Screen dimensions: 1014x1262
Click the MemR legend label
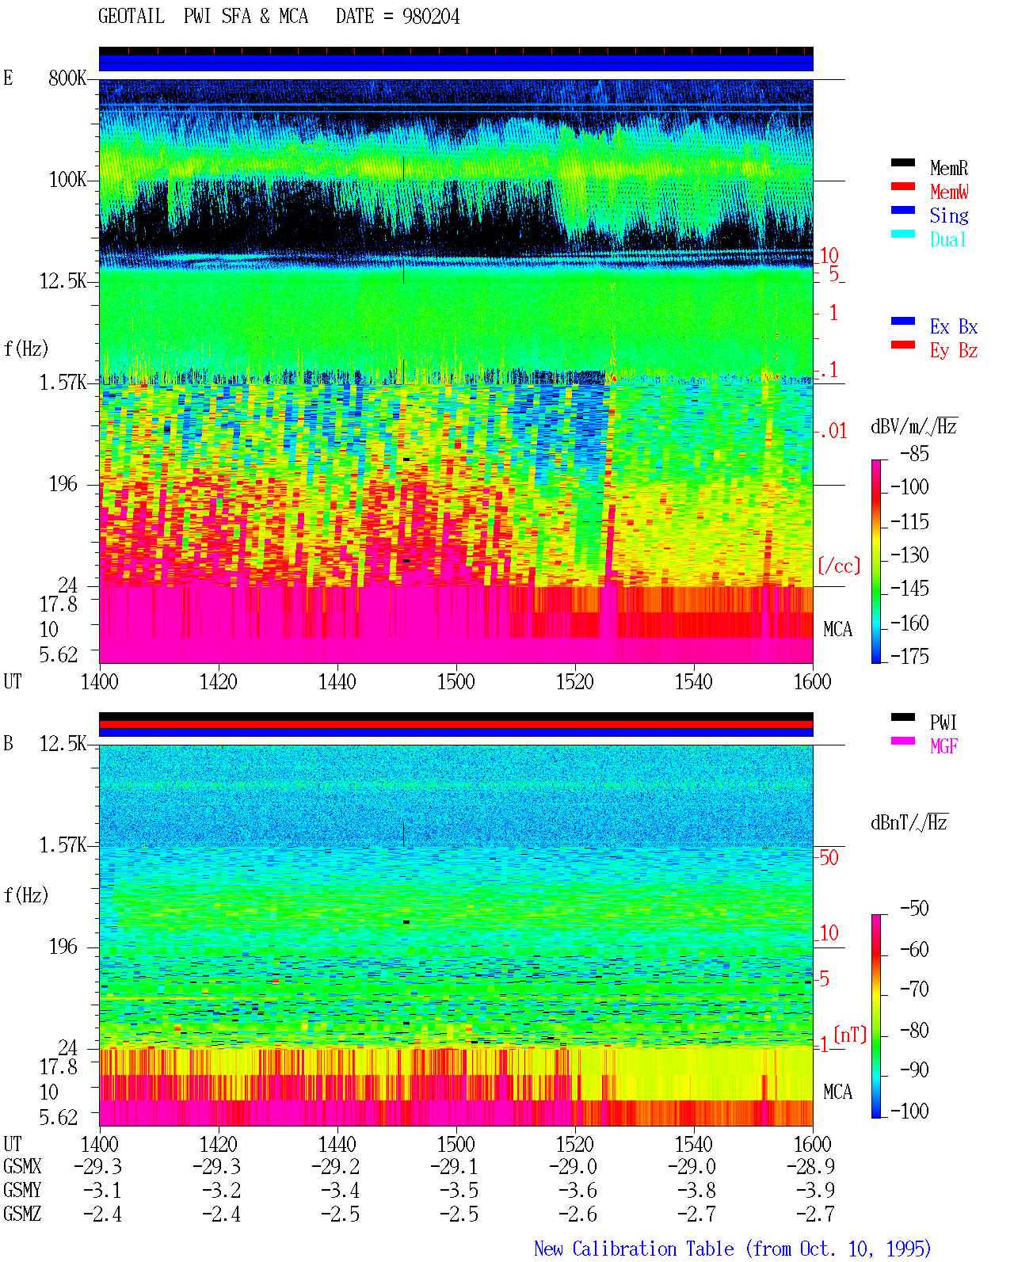coord(948,168)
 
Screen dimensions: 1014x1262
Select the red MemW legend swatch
coord(902,186)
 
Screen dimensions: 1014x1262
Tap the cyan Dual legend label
coord(947,239)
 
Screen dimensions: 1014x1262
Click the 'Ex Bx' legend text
coord(953,326)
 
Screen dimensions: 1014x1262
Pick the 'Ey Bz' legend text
coord(953,351)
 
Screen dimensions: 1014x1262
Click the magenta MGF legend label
coord(943,746)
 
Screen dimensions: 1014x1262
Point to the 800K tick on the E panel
coord(67,78)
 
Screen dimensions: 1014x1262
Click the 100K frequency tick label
coord(67,180)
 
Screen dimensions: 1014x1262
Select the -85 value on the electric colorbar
coord(914,454)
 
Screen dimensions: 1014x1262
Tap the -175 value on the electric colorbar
coord(909,656)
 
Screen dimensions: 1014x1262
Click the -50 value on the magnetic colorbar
coord(914,909)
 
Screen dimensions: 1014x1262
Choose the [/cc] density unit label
coord(839,566)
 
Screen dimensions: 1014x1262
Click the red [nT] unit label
coord(850,1035)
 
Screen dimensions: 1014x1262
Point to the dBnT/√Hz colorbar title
coord(909,823)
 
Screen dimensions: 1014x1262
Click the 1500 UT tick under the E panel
coord(456,682)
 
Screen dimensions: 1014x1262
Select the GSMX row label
coord(22,1166)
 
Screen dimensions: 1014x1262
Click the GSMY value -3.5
coord(459,1191)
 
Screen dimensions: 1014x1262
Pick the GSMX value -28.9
coord(810,1166)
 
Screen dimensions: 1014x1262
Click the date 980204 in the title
coord(431,17)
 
